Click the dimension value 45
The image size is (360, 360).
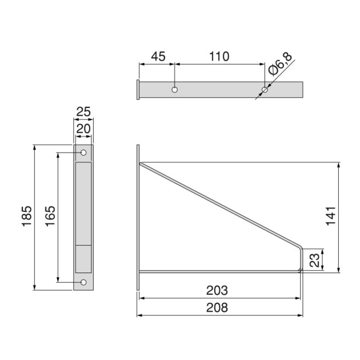point(158,56)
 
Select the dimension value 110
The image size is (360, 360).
point(219,56)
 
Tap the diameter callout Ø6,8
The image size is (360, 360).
point(280,64)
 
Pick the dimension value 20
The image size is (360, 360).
point(83,130)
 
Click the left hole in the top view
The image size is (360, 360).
point(175,90)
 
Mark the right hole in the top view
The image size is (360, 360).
point(265,90)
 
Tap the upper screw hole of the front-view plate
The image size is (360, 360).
point(83,153)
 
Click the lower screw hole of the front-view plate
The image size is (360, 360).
point(83,282)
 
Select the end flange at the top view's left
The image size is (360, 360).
point(138,90)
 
